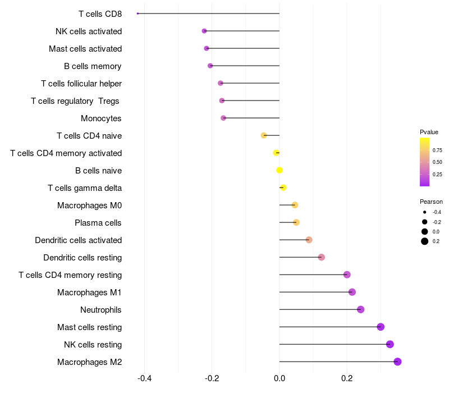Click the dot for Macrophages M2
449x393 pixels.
(397, 362)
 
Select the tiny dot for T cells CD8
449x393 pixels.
(138, 13)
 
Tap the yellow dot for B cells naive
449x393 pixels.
(280, 170)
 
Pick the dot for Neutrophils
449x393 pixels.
(360, 309)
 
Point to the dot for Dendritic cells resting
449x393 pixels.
(321, 257)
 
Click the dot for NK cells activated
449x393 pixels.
(204, 31)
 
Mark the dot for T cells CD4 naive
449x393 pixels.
(264, 135)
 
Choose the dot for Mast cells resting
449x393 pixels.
(381, 327)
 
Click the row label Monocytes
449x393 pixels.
(101, 118)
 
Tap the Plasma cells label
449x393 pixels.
(98, 223)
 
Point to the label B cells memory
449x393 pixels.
(93, 66)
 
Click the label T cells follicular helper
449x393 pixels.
(81, 84)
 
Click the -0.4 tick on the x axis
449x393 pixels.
(144, 378)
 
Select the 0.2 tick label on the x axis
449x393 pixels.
(347, 378)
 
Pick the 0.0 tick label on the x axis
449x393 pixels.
(280, 378)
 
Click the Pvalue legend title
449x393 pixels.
(429, 132)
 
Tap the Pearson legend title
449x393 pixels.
(431, 202)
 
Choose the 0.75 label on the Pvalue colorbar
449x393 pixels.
(437, 150)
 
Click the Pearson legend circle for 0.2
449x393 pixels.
(425, 241)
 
